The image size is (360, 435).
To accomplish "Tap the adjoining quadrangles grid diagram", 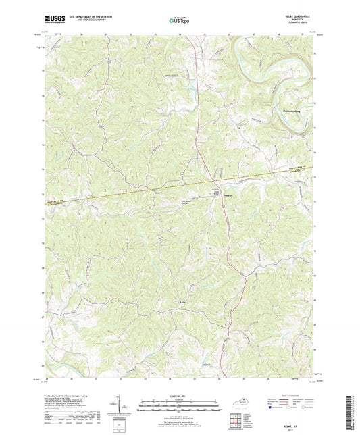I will (236, 421).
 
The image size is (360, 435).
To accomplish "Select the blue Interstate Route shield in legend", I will (273, 407).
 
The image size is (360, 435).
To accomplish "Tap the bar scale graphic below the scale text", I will (179, 406).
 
